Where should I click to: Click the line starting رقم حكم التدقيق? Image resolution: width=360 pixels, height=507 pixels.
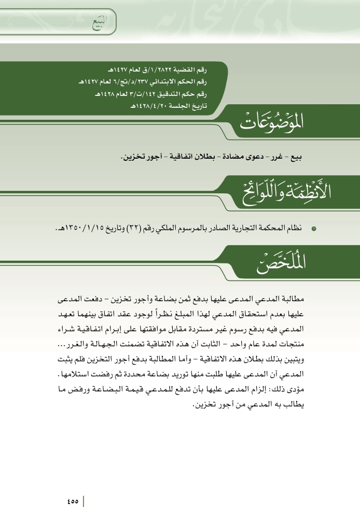[x=155, y=94]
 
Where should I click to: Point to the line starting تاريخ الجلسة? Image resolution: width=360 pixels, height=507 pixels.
[x=171, y=106]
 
